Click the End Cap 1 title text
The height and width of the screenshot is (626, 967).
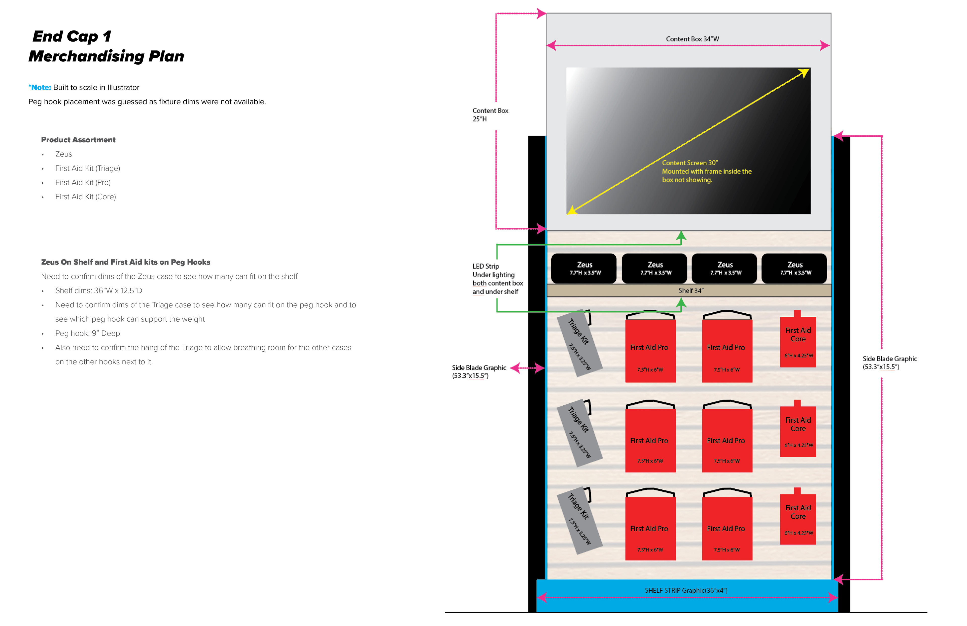[72, 37]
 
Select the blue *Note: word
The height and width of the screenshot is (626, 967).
[40, 87]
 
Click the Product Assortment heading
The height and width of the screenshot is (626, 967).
[78, 140]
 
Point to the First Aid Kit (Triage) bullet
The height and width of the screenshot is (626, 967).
[87, 168]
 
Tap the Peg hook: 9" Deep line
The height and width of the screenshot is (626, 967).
[87, 333]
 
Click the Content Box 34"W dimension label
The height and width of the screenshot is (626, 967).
[692, 39]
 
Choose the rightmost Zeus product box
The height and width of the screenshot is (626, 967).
[794, 268]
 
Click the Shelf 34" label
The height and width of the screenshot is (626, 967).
[691, 291]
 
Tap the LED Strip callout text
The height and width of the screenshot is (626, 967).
[497, 279]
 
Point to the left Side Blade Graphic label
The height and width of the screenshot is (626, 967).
[479, 372]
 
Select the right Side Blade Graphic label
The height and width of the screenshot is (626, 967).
[889, 363]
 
